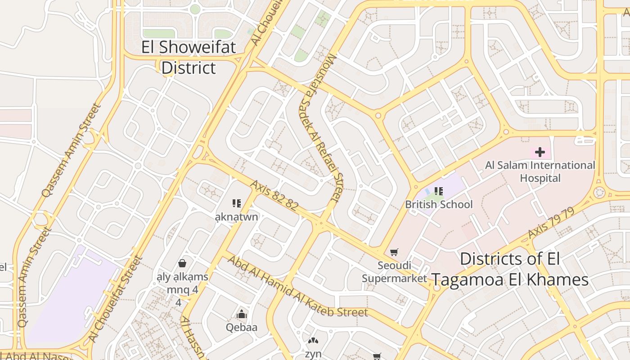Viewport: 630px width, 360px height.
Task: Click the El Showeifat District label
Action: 189,58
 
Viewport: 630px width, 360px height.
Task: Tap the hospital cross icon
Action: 540,153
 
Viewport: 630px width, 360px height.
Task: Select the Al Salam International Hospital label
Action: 540,171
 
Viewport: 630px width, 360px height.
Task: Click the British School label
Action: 439,204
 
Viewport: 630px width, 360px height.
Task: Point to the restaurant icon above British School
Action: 439,191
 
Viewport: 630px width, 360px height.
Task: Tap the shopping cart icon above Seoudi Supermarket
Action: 394,252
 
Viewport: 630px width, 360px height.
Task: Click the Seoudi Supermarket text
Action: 394,272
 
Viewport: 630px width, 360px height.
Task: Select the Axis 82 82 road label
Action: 274,196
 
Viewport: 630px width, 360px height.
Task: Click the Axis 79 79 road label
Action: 551,223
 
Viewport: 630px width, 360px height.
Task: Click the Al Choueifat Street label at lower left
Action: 115,299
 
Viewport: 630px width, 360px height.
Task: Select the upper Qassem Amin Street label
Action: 71,150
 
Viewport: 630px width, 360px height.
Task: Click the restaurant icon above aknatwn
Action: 237,204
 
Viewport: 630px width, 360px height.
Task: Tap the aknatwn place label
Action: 237,217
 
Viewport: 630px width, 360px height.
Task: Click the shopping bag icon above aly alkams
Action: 182,263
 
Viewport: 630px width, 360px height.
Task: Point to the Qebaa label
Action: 242,327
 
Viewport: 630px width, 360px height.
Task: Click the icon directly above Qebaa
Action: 242,314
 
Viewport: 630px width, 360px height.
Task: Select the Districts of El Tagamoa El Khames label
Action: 510,269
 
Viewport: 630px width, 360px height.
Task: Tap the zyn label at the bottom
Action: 313,354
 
